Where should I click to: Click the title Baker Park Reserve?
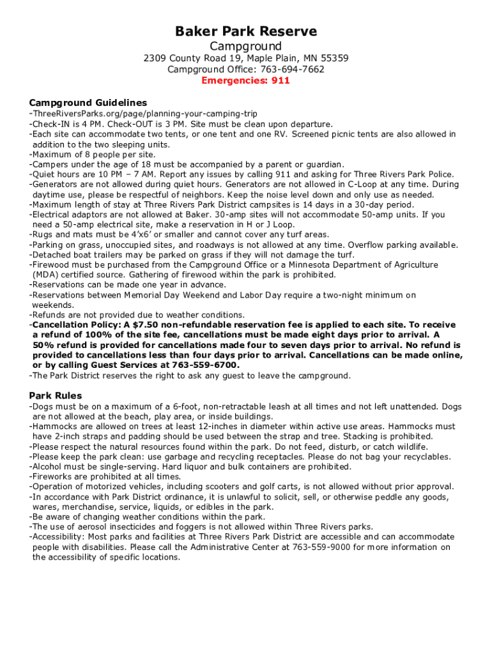(246, 31)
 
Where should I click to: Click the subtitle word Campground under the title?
(246, 46)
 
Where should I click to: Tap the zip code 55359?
(334, 58)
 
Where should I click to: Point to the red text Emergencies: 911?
(246, 80)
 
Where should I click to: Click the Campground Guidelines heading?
(88, 102)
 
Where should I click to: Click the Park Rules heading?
(56, 395)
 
